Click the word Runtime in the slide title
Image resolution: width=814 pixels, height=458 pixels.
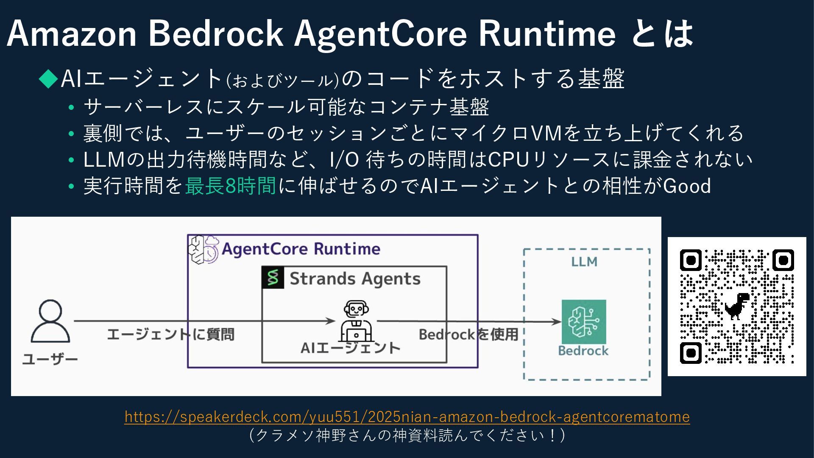click(x=547, y=34)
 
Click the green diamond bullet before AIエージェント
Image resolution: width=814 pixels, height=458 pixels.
click(x=48, y=78)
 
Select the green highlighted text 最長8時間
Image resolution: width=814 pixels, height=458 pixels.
click(x=231, y=186)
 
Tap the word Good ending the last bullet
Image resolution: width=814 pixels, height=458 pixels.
click(x=687, y=186)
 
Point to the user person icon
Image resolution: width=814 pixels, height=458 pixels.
click(x=50, y=321)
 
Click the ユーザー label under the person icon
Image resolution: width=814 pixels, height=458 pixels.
click(x=50, y=360)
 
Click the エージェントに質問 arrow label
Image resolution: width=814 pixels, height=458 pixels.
click(x=170, y=335)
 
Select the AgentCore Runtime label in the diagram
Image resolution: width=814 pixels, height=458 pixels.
click(x=301, y=249)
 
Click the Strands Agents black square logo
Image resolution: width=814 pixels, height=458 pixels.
click(x=273, y=278)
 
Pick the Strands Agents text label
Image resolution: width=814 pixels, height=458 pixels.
click(x=355, y=279)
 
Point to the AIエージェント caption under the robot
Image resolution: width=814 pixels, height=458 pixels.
click(x=351, y=348)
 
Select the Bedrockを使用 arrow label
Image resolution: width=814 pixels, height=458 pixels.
click(x=468, y=335)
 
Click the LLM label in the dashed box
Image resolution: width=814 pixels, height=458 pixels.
click(x=584, y=262)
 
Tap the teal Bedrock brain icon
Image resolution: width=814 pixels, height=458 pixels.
click(x=584, y=321)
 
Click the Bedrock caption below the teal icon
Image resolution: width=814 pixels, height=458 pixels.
click(x=583, y=351)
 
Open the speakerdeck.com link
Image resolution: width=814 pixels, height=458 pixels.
click(x=407, y=417)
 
